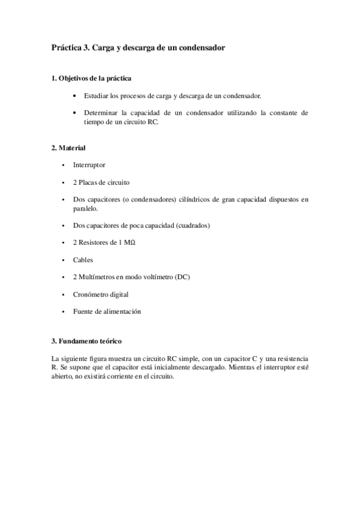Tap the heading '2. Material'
pyautogui.click(x=69, y=147)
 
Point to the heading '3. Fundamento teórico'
pyautogui.click(x=88, y=342)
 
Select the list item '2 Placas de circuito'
pyautogui.click(x=101, y=182)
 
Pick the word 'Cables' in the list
pyautogui.click(x=83, y=260)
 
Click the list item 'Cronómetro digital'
pyautogui.click(x=100, y=294)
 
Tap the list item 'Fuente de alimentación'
pyautogui.click(x=106, y=312)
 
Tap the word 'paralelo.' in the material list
pyautogui.click(x=85, y=207)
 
